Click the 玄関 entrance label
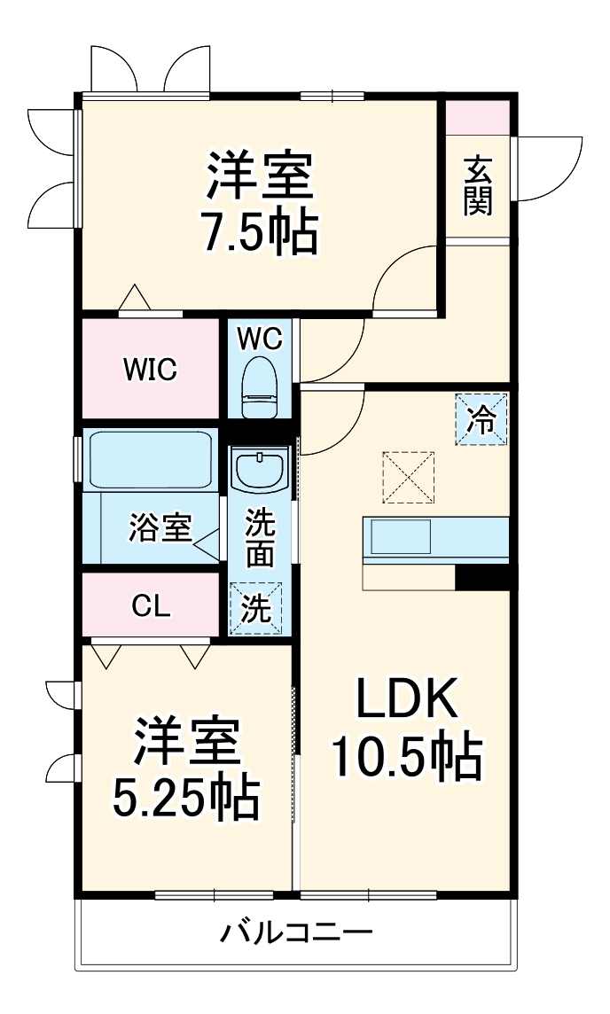[x=478, y=186]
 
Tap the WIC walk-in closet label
[x=150, y=369]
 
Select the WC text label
[x=259, y=338]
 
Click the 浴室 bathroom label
[x=160, y=527]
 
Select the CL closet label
[x=152, y=606]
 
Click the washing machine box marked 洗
[x=255, y=609]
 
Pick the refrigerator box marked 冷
[x=483, y=418]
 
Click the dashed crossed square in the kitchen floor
[x=409, y=478]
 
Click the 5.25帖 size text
[x=185, y=799]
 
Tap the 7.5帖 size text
[x=260, y=232]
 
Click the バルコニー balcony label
[x=296, y=933]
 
